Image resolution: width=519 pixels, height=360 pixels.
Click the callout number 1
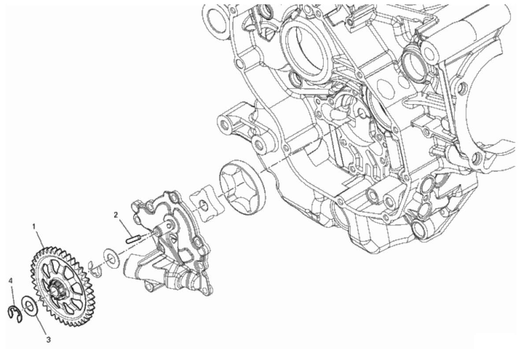(x=34, y=226)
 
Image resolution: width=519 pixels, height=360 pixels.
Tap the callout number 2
(x=115, y=215)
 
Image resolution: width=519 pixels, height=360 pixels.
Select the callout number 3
(x=48, y=339)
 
